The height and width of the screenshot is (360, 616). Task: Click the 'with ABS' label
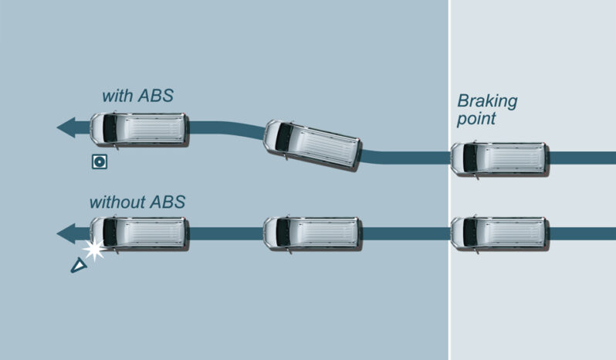[x=137, y=97]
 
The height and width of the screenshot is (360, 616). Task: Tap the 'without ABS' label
[x=137, y=203]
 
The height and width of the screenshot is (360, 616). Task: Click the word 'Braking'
[x=487, y=101]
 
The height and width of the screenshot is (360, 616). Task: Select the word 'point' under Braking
[x=476, y=119]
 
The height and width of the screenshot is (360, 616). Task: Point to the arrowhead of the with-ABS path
[x=66, y=127]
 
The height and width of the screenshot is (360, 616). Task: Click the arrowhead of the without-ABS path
[x=66, y=233]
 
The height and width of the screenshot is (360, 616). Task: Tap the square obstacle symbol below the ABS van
[x=98, y=161]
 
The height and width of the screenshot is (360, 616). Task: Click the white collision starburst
[x=94, y=250]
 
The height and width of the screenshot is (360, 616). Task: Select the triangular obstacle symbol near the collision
[x=78, y=266]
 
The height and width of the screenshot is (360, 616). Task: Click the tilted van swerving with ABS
[x=313, y=145]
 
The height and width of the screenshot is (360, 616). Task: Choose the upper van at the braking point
[x=499, y=158]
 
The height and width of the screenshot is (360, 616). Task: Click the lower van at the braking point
[x=499, y=233]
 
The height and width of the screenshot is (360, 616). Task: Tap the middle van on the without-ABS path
[x=312, y=233]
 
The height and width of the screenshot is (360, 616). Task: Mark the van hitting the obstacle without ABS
[x=139, y=233]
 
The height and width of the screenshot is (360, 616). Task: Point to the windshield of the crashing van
[x=110, y=233]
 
